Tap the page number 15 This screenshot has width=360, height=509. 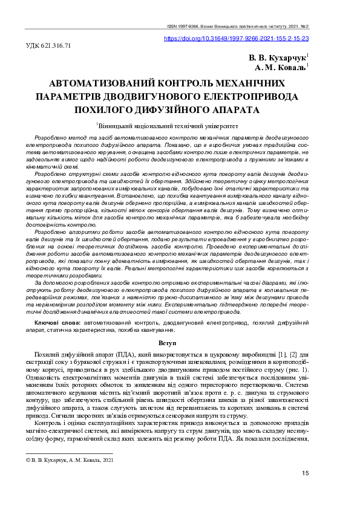(305, 473)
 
